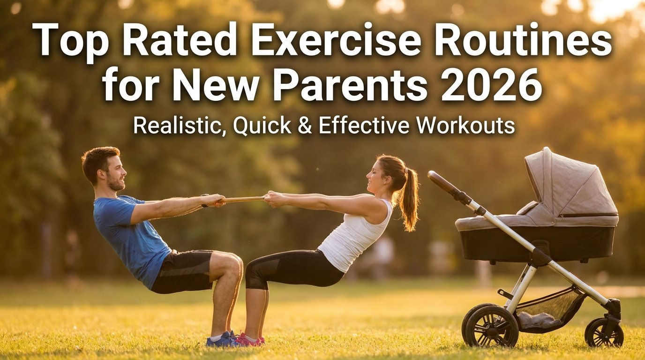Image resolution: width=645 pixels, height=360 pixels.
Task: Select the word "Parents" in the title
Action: (350, 85)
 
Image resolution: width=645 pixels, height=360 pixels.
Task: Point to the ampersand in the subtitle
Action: (305, 126)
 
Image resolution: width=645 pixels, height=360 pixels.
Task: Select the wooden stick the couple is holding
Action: (243, 199)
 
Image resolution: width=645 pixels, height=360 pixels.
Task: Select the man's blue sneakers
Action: (222, 339)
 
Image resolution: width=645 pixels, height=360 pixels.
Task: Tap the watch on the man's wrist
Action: (205, 201)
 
